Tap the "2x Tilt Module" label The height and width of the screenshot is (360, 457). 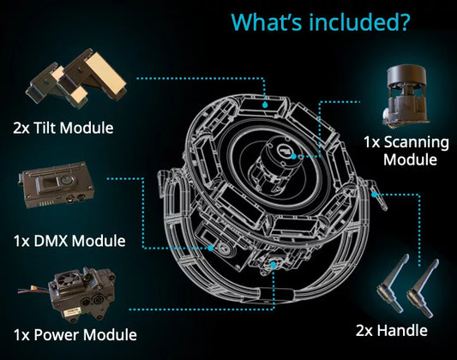63,129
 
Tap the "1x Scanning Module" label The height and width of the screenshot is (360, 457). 400,150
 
